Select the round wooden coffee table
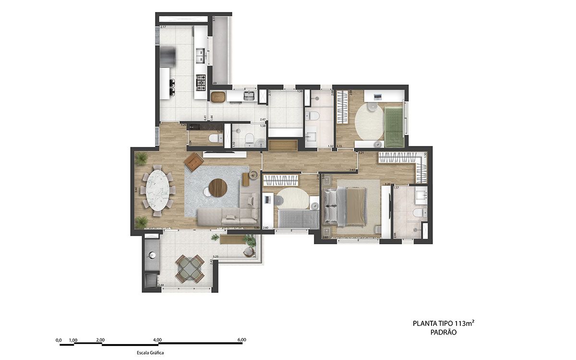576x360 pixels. [x=217, y=188]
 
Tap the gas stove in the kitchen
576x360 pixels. [x=200, y=83]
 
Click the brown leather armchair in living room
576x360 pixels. [x=194, y=161]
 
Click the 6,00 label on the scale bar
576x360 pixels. [x=241, y=340]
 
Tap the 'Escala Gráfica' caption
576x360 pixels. [x=150, y=353]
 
